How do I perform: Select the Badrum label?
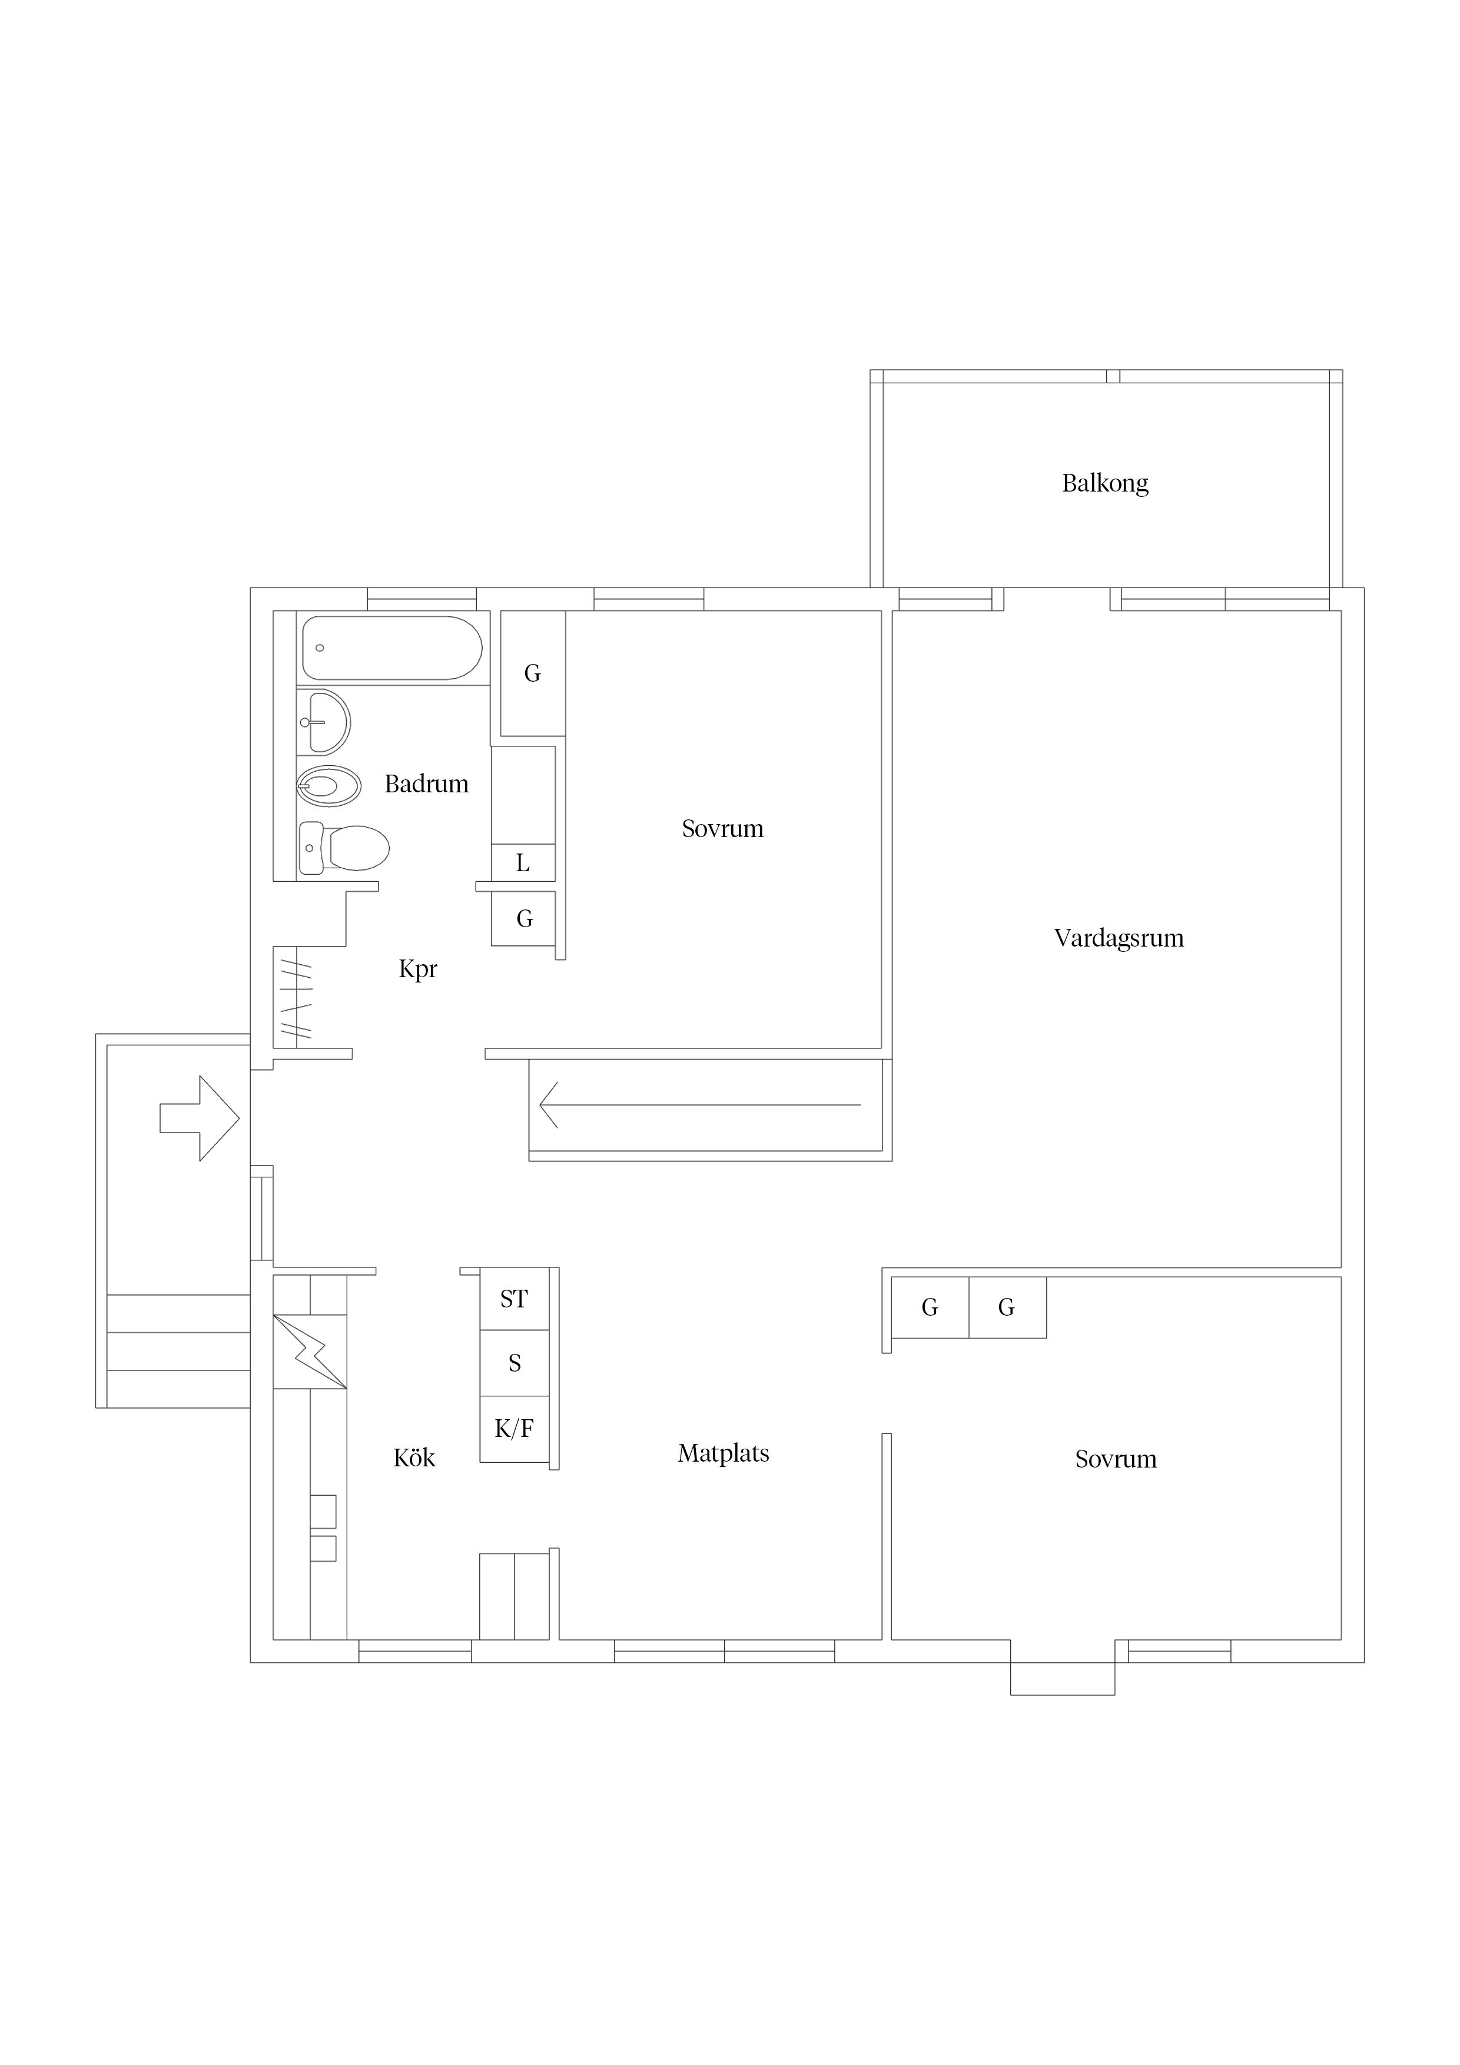[426, 783]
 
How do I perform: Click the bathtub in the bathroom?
[392, 648]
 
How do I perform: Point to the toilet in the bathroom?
[344, 847]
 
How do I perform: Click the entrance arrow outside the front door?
[200, 1118]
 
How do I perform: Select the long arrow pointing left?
[700, 1104]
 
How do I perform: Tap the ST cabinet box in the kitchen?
[515, 1299]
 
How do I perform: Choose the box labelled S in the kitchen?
[515, 1363]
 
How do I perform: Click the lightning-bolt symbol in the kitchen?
[310, 1352]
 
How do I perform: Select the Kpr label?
[417, 969]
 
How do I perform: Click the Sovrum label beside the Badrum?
[722, 828]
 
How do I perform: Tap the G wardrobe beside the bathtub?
[533, 673]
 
